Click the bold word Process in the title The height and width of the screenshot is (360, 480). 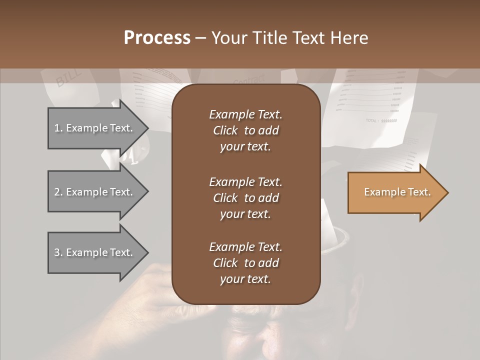157,38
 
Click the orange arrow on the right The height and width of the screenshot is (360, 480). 395,192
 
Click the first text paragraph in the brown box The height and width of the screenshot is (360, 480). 245,130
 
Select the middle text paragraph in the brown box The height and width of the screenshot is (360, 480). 245,197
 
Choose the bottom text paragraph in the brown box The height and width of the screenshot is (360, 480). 245,263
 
